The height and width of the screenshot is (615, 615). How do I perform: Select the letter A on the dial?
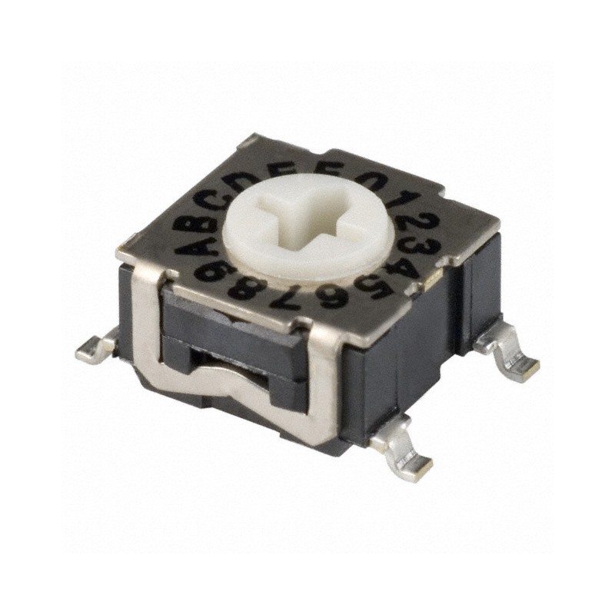point(192,246)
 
